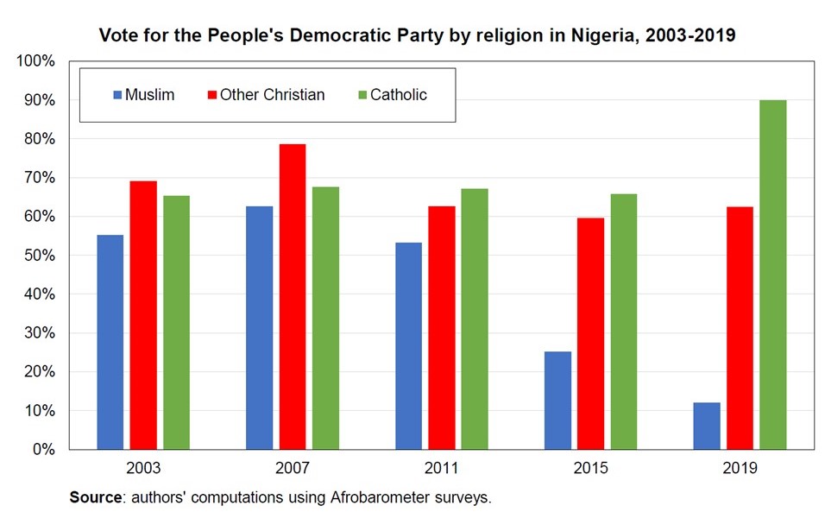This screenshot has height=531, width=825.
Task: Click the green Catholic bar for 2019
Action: coord(772,275)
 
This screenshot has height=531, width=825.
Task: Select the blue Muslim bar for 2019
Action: coord(706,426)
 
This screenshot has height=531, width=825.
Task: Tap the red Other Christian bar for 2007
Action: coord(292,296)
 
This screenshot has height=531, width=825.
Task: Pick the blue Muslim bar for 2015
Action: coord(557,401)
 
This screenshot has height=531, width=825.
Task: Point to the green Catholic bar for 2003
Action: coord(176,322)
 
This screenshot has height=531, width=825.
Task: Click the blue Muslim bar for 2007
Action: coord(259,327)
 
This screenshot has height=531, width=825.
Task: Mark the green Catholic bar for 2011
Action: coord(475,319)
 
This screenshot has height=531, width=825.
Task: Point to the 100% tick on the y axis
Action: coord(35,61)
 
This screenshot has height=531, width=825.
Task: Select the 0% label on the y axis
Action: coord(43,450)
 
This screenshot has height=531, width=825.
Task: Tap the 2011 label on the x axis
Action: coord(441,470)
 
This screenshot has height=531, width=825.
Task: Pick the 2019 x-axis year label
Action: coord(740,470)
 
